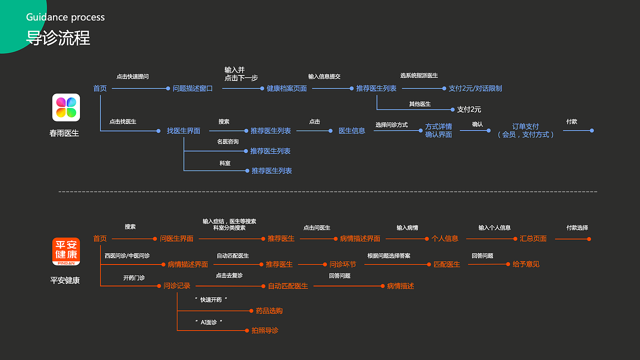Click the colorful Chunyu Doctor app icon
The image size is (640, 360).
coord(66,107)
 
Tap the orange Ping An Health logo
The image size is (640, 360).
coord(66,251)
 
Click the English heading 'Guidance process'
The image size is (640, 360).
coord(65,17)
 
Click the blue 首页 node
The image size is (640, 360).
coord(100,88)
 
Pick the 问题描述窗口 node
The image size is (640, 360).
coord(192,88)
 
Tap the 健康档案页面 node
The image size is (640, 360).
coord(286,88)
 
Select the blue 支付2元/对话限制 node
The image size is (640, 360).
coord(475,88)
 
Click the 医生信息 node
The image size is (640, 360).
coord(352,130)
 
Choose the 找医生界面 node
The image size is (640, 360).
coord(183,130)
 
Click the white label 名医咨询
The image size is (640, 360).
coord(227,142)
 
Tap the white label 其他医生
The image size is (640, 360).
coord(419,104)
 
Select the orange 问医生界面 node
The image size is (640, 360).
coord(176,238)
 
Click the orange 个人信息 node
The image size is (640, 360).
coord(445,238)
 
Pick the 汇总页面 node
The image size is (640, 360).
coord(533,238)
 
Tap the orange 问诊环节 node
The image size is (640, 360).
coord(342,264)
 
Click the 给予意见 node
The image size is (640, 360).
coord(526,264)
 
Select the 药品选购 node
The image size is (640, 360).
coord(269,310)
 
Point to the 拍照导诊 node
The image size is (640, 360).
coord(265,330)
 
